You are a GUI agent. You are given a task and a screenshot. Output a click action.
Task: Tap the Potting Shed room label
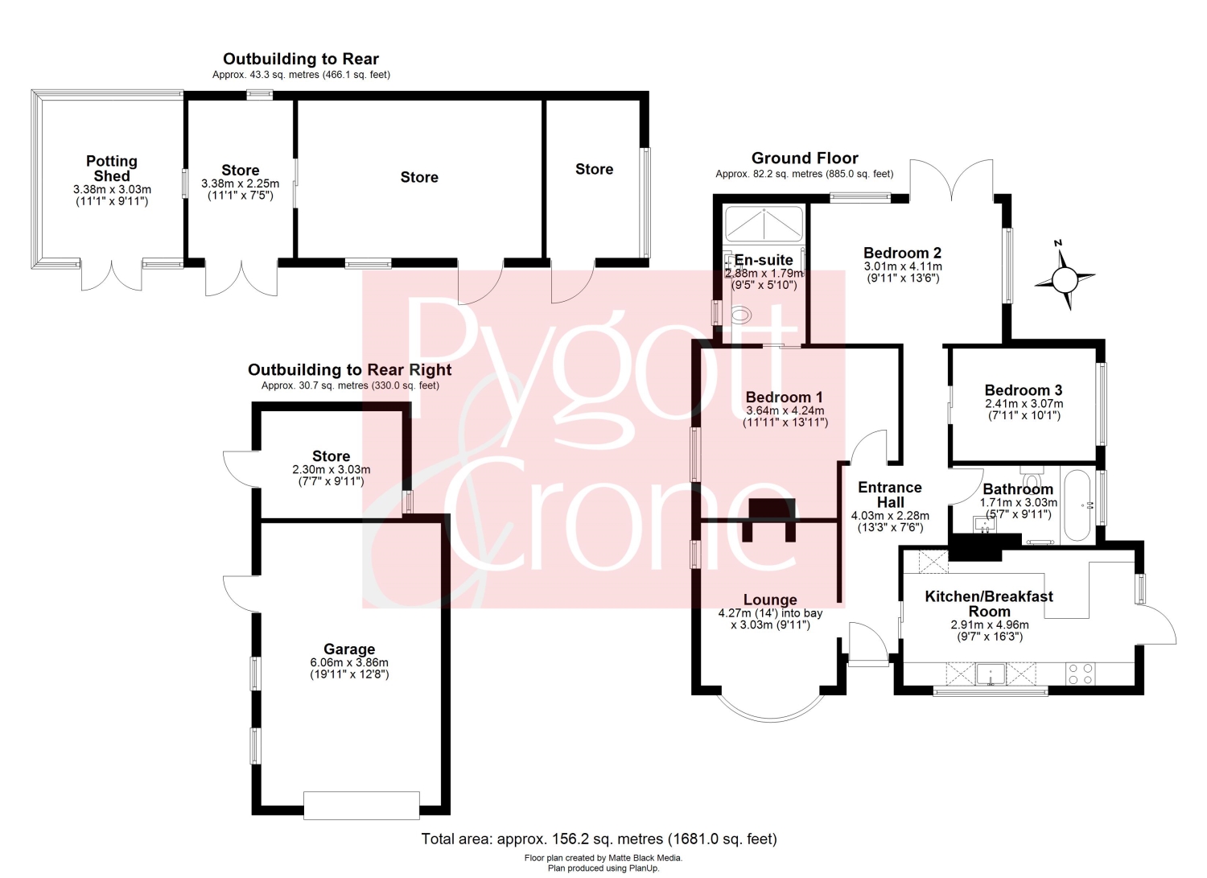(x=112, y=169)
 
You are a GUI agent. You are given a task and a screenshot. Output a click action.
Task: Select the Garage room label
(x=349, y=649)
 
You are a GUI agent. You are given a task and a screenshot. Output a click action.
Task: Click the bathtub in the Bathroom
(x=1077, y=505)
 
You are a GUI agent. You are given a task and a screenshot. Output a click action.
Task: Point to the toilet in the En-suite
(x=741, y=314)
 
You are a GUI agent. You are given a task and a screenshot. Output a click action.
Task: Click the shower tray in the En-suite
(x=764, y=223)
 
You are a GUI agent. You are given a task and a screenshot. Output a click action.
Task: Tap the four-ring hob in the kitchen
(x=1081, y=674)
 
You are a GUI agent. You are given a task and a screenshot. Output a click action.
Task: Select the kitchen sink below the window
(x=991, y=674)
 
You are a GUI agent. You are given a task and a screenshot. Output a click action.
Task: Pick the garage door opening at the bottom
(x=361, y=806)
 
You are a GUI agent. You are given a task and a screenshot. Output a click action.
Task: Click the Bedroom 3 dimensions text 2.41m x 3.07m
(x=1024, y=404)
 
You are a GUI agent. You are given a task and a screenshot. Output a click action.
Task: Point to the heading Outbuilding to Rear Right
(x=350, y=369)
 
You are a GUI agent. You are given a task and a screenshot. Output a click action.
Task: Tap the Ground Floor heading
(x=805, y=158)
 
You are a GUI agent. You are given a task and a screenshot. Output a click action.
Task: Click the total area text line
(x=599, y=839)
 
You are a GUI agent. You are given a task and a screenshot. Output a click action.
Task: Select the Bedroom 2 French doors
(x=952, y=180)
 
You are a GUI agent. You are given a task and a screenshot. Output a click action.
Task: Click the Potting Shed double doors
(x=112, y=277)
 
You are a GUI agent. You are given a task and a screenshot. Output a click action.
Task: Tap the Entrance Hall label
(x=890, y=495)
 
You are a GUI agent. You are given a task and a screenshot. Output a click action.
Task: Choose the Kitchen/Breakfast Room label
(x=989, y=604)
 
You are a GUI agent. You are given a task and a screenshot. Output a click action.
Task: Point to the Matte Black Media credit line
(x=603, y=858)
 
